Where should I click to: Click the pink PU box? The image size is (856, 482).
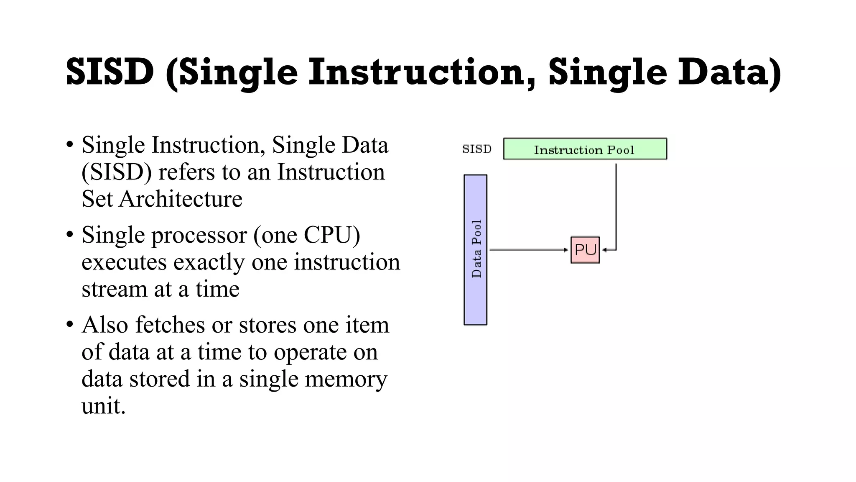pos(585,250)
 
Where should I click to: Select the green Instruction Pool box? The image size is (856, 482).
pos(584,149)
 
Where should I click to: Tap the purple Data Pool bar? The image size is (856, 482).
pos(475,250)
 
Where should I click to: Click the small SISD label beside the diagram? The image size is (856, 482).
pos(476,149)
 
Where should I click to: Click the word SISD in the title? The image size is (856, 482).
pos(110,72)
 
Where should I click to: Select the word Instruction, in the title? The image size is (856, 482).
pos(422,72)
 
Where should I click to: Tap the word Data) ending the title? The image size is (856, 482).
pos(729,72)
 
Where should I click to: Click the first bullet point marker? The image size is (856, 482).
pos(70,145)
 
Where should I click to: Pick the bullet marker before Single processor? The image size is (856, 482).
pos(70,235)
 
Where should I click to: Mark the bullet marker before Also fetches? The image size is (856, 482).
pos(70,325)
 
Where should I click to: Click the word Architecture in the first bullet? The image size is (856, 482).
pos(181,198)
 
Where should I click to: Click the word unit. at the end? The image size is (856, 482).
pos(103,406)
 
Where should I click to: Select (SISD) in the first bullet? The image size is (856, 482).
pos(117,172)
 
